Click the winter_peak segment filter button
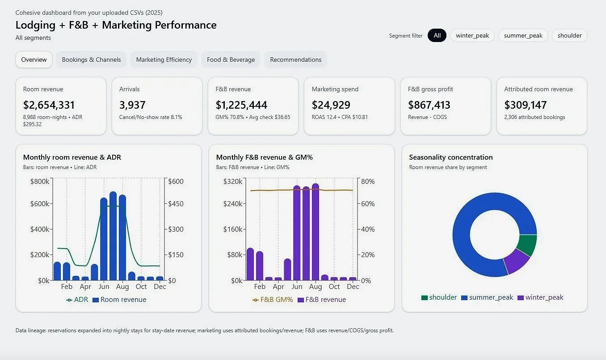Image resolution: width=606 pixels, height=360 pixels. pyautogui.click(x=472, y=36)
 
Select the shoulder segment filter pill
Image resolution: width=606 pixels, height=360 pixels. pyautogui.click(x=569, y=36)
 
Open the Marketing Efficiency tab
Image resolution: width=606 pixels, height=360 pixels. pyautogui.click(x=164, y=59)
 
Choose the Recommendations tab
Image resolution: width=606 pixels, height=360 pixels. pyautogui.click(x=295, y=59)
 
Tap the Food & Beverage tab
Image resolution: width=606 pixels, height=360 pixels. pyautogui.click(x=231, y=59)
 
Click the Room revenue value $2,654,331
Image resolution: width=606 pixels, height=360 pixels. pyautogui.click(x=49, y=105)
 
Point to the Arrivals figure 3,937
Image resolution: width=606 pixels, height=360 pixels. pyautogui.click(x=132, y=105)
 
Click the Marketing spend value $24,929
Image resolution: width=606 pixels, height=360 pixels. pyautogui.click(x=331, y=105)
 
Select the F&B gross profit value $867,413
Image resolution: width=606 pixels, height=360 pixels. pyautogui.click(x=429, y=105)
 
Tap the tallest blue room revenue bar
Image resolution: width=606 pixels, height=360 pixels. pyautogui.click(x=113, y=237)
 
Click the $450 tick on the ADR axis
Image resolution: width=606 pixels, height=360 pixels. pyautogui.click(x=176, y=204)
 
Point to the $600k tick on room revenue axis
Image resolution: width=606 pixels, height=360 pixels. pyautogui.click(x=40, y=204)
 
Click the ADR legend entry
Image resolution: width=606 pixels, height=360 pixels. pyautogui.click(x=77, y=300)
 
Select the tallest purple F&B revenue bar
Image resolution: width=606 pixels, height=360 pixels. pyautogui.click(x=316, y=233)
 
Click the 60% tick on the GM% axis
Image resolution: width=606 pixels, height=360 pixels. pyautogui.click(x=368, y=204)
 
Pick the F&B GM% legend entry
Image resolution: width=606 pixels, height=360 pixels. pyautogui.click(x=273, y=300)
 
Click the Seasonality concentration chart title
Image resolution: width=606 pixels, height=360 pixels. pyautogui.click(x=451, y=157)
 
